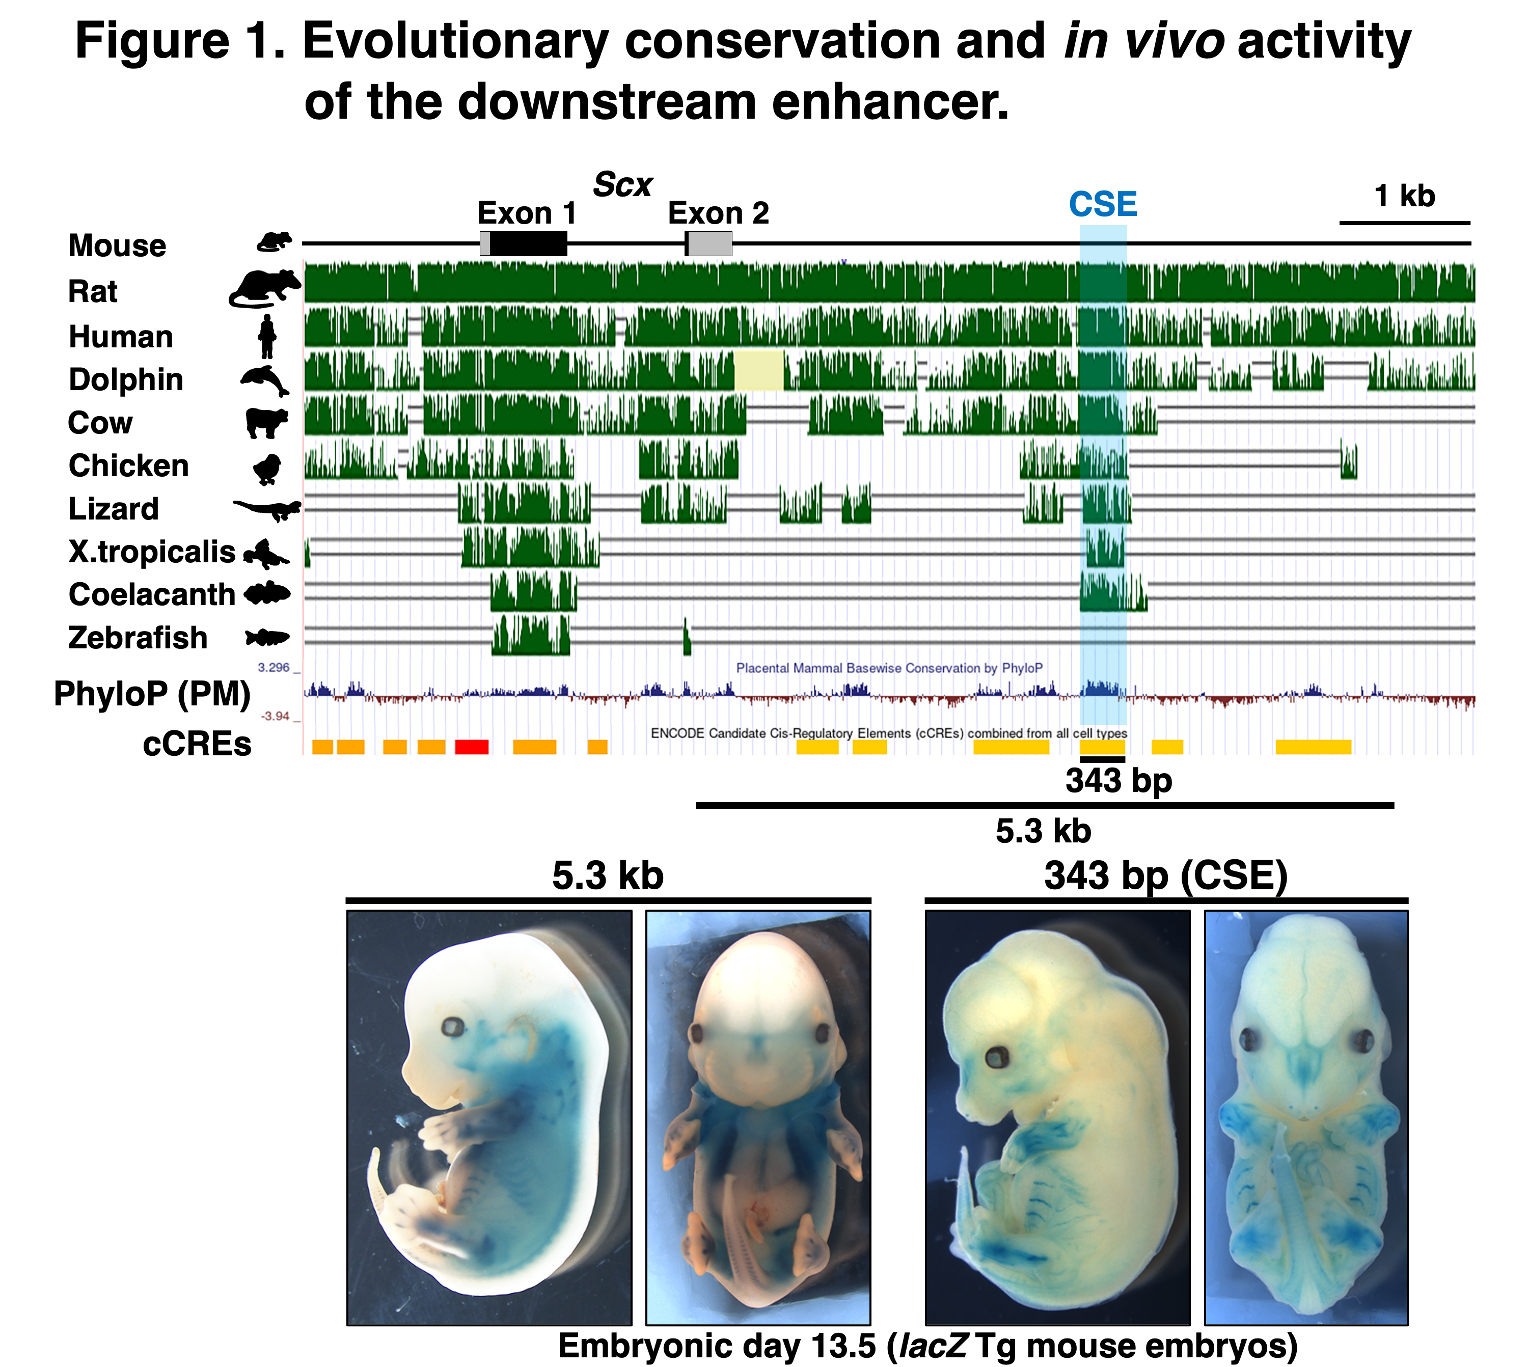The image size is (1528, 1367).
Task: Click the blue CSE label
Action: coord(1103,204)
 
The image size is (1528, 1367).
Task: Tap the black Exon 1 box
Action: coord(528,243)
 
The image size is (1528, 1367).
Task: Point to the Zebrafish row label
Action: coord(138,638)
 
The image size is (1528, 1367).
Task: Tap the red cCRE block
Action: coord(472,747)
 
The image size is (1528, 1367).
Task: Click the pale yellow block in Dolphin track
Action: coord(759,370)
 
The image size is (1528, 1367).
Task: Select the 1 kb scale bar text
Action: coord(1404,196)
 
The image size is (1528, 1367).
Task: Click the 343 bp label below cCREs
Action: coord(1118,780)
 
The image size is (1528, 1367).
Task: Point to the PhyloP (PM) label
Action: coord(152,694)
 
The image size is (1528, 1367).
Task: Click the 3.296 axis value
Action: coord(274,667)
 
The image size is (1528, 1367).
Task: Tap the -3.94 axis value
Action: coord(275,716)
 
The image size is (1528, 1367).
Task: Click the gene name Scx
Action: coord(623,185)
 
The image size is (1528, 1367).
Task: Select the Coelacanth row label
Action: coord(152,595)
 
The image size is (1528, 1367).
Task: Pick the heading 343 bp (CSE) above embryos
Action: coord(1166,876)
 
